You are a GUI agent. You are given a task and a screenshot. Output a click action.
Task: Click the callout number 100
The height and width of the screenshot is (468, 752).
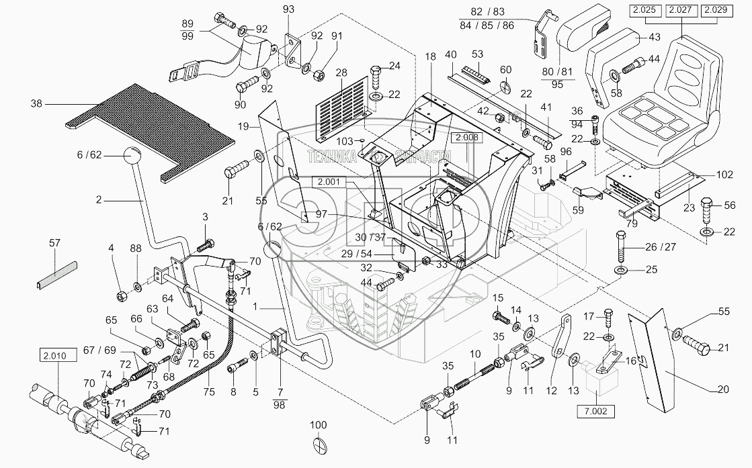coord(319,425)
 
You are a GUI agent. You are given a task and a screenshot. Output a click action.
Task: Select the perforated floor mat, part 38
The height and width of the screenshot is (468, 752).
coord(155,128)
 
